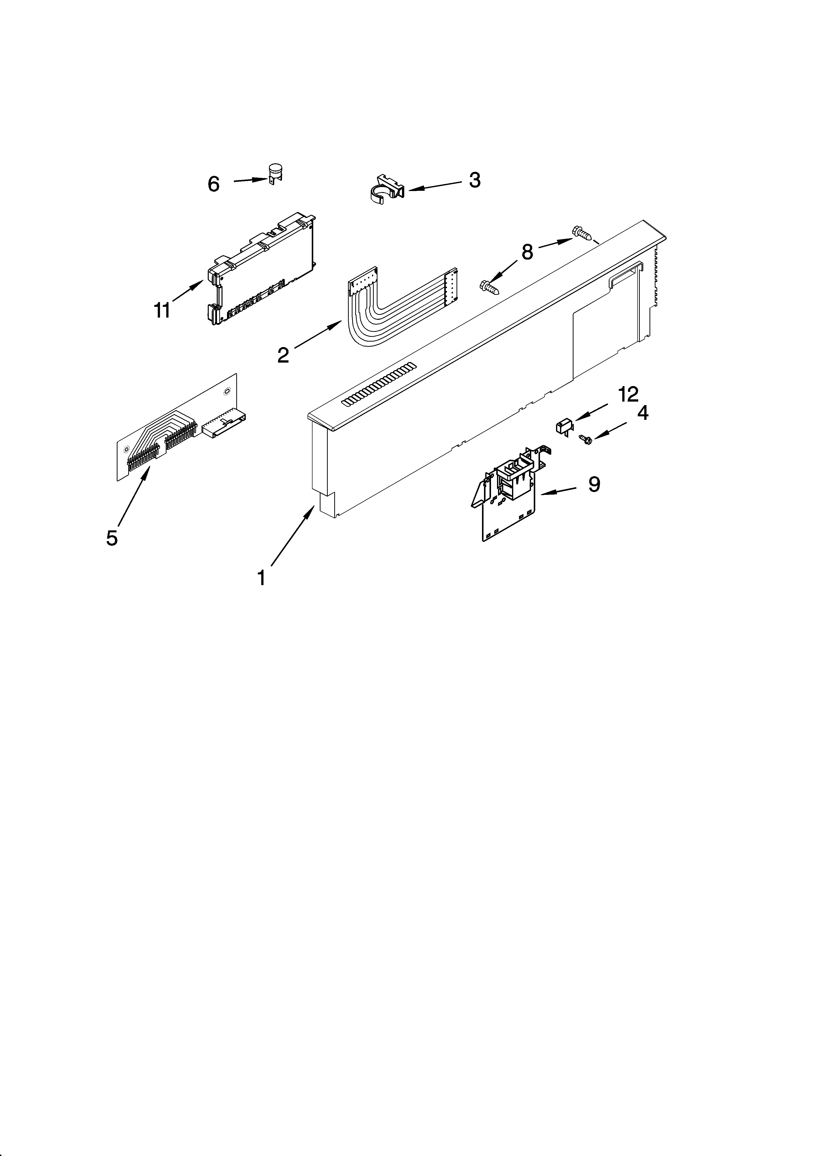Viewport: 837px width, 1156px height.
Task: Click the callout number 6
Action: (213, 184)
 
